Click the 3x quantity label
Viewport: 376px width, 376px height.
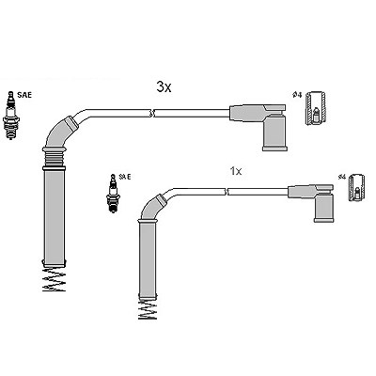coord(164,87)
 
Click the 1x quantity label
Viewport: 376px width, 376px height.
coord(236,171)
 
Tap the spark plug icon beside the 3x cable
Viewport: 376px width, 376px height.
coord(11,116)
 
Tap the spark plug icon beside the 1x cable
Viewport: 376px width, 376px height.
coord(114,194)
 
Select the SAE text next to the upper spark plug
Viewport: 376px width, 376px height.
coord(24,95)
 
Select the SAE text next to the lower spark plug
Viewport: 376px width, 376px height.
coord(125,177)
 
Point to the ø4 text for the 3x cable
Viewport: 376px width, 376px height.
coord(297,95)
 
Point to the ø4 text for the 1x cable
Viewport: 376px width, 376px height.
coord(341,177)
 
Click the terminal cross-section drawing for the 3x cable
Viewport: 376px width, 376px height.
coord(316,108)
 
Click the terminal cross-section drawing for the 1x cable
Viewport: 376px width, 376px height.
coord(357,187)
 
